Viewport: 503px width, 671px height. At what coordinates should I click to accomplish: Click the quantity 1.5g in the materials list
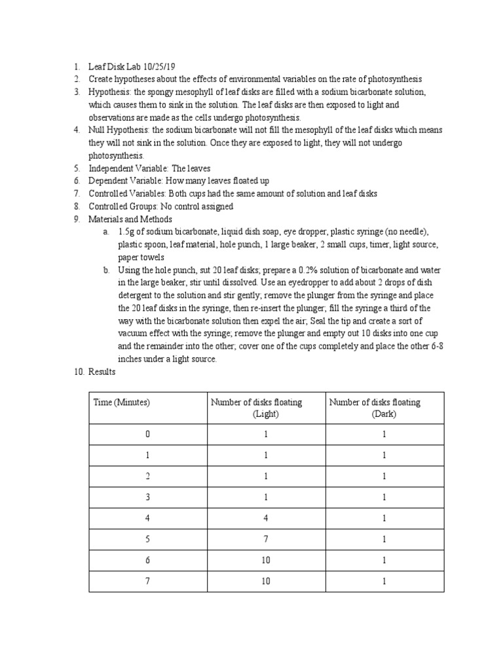(126, 232)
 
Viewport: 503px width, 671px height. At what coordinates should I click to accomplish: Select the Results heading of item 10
(102, 372)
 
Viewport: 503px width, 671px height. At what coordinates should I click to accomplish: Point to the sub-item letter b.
(106, 270)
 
